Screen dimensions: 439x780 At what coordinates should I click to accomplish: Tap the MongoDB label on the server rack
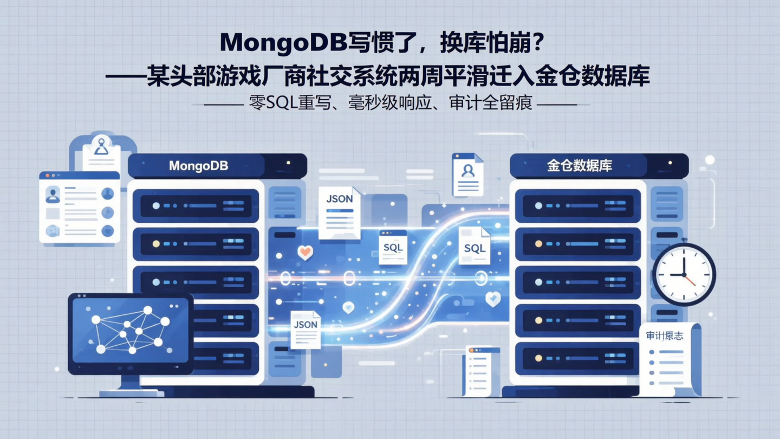tap(198, 166)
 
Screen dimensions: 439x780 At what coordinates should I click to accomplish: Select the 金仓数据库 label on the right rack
tap(580, 166)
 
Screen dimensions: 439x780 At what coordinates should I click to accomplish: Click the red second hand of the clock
tap(690, 281)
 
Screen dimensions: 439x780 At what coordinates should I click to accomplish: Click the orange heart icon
tap(305, 252)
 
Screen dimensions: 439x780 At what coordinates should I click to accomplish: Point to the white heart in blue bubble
tap(492, 299)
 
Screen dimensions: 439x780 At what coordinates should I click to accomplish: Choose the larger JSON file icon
tap(340, 212)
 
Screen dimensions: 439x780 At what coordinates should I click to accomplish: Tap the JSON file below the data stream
tap(305, 329)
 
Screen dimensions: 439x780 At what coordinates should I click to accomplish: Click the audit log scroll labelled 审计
tap(668, 358)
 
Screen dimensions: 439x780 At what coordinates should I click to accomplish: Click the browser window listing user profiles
tap(79, 207)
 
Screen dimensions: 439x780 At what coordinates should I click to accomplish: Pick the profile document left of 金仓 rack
tap(467, 175)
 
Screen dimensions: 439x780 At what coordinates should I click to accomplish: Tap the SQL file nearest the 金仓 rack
tap(474, 246)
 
